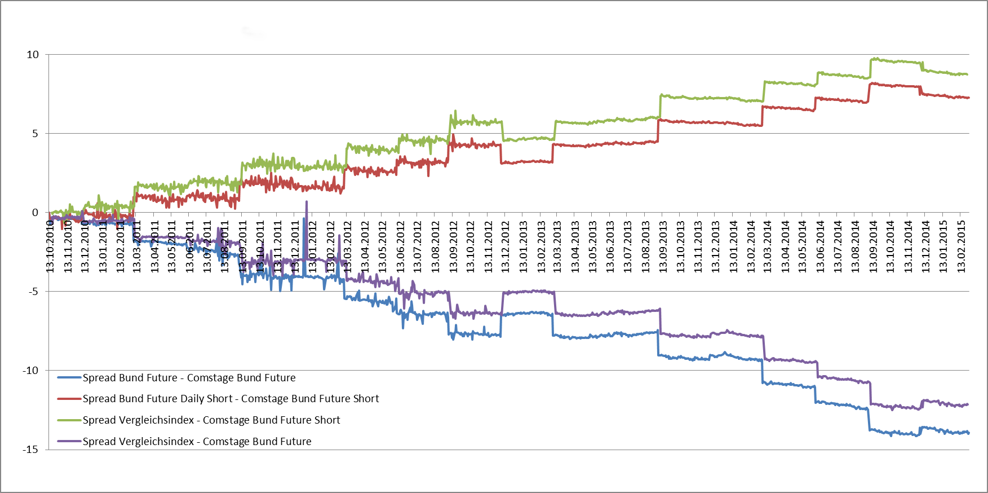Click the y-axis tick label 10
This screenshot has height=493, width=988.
point(33,55)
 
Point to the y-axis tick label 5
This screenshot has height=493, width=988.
point(36,134)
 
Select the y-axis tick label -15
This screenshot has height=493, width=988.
point(30,450)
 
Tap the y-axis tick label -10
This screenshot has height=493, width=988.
point(30,371)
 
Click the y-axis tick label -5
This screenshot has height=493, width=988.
point(33,292)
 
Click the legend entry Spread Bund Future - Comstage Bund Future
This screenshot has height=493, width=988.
point(189,378)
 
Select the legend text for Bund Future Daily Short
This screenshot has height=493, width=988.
point(231,399)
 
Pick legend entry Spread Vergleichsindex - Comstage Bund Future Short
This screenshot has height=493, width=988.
point(211,420)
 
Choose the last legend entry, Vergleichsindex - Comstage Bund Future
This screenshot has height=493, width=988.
point(197,442)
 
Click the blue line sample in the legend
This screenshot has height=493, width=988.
point(69,378)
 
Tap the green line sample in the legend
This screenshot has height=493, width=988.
point(69,420)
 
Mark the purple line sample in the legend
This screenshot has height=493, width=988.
point(69,442)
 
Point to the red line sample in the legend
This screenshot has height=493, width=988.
point(69,399)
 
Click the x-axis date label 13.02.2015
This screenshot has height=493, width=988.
point(962,246)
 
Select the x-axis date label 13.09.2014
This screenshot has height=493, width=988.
point(874,246)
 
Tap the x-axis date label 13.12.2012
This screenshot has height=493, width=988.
point(506,246)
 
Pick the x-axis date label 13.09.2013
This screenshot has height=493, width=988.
point(663,246)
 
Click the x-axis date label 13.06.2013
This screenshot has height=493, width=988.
point(610,246)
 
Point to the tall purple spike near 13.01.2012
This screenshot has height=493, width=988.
point(307,203)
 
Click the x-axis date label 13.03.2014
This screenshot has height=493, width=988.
point(768,246)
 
